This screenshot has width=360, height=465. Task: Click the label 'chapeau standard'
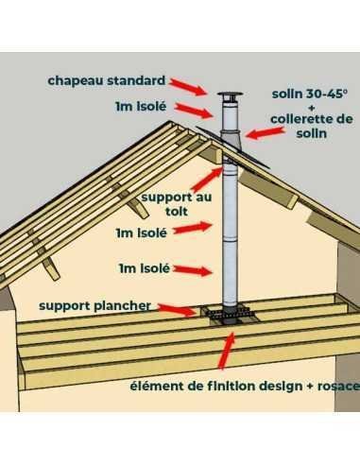(107, 80)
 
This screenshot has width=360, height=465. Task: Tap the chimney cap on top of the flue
(230, 95)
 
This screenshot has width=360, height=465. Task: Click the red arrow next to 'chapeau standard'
(188, 87)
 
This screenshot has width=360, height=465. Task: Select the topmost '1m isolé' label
(141, 107)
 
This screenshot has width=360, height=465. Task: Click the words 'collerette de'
(311, 119)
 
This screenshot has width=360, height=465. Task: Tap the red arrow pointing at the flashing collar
(265, 133)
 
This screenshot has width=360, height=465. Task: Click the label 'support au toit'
(177, 204)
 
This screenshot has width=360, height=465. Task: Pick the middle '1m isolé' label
(141, 233)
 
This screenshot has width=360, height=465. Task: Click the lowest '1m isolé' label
(145, 268)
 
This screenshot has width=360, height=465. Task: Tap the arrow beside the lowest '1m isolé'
(193, 270)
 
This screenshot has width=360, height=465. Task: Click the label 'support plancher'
(94, 305)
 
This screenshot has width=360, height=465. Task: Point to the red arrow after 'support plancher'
(178, 310)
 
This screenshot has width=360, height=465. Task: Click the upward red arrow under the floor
(227, 350)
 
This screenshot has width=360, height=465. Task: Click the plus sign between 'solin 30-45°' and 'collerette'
(312, 107)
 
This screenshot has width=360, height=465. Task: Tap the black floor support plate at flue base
(230, 315)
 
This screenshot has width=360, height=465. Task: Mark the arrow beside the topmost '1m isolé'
(194, 110)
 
